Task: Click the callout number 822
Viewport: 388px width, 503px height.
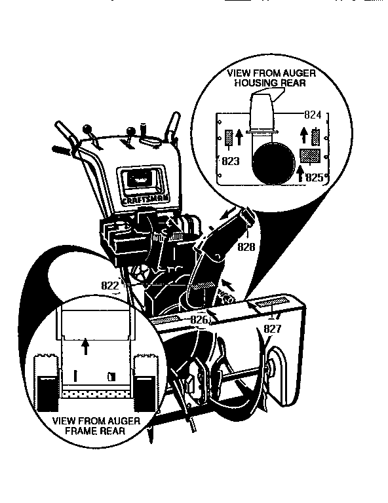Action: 109,286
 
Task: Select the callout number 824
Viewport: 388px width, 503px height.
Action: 313,115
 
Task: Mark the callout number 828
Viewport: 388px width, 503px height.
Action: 246,247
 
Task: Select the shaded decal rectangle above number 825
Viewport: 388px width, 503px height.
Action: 309,155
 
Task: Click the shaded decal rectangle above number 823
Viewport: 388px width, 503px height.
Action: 229,138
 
